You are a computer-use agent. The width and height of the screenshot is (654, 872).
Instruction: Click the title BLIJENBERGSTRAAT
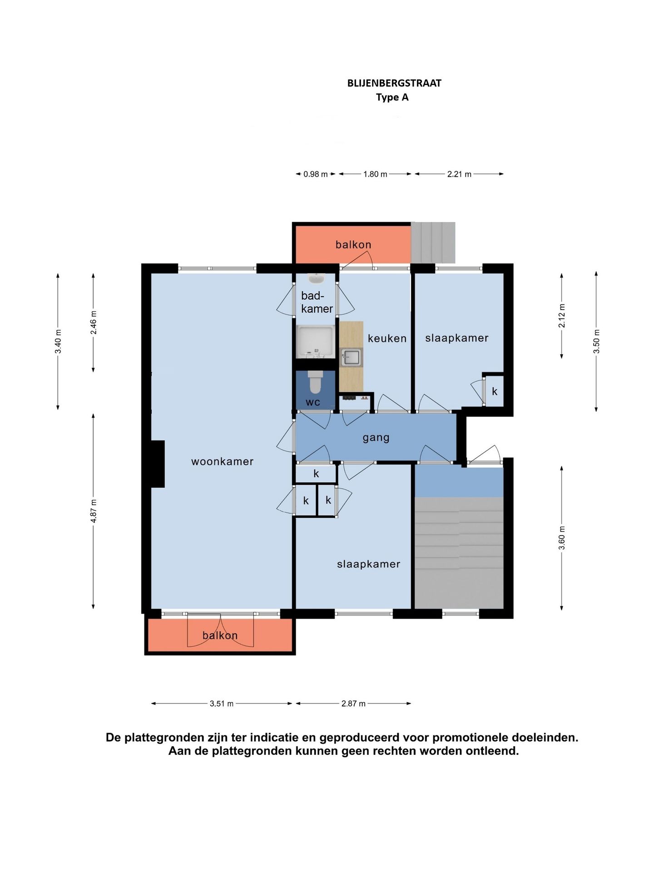click(x=394, y=83)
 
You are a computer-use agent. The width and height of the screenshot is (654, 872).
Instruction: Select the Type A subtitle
click(x=392, y=98)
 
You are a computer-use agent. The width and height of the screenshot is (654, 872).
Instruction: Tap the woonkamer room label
click(x=222, y=461)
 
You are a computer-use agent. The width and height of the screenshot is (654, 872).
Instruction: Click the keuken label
click(x=387, y=338)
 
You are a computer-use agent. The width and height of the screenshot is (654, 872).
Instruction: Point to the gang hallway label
click(x=376, y=438)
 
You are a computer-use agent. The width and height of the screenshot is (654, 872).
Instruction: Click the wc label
click(x=313, y=402)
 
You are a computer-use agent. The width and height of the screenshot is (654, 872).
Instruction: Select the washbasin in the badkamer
click(x=315, y=278)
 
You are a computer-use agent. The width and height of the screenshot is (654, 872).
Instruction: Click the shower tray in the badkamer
click(x=316, y=341)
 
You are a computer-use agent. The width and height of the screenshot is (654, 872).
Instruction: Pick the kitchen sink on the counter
click(x=352, y=357)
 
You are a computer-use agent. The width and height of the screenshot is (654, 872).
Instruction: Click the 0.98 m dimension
click(x=316, y=174)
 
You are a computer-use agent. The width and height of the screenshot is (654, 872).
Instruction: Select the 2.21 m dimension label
click(x=459, y=174)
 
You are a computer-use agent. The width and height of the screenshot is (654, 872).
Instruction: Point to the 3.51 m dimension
click(x=222, y=704)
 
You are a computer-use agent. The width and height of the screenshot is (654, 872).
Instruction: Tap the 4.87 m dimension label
click(x=94, y=511)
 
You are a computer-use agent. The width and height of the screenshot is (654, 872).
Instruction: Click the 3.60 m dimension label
click(x=562, y=538)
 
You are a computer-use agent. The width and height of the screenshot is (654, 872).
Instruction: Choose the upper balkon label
click(x=353, y=245)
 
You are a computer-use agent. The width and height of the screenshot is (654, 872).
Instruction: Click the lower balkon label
click(x=220, y=635)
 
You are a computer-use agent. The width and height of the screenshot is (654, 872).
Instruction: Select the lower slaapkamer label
click(x=368, y=564)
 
